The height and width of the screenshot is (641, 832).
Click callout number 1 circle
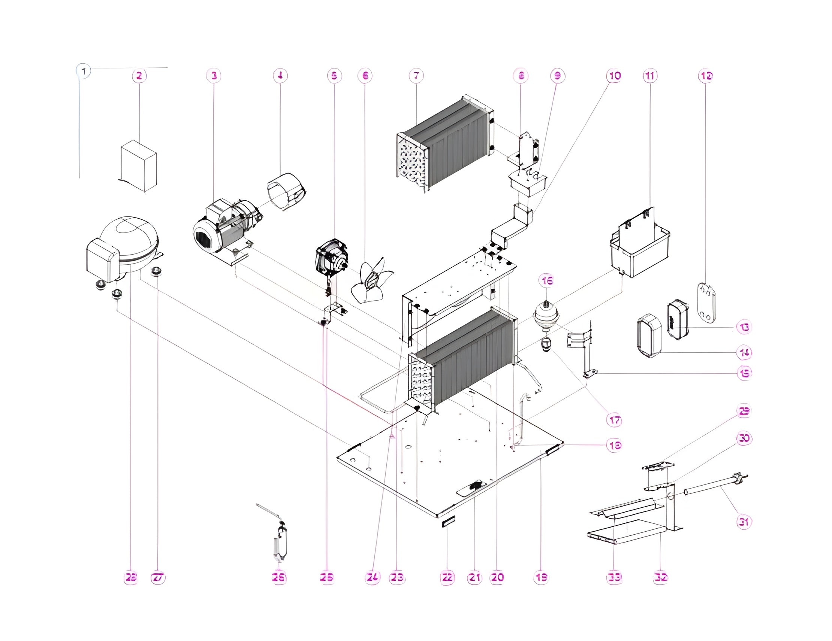click(x=84, y=71)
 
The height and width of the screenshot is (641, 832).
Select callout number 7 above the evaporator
click(x=416, y=76)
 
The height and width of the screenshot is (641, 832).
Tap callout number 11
click(x=650, y=76)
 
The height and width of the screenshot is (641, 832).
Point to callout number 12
click(x=706, y=76)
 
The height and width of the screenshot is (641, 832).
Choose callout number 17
click(x=614, y=420)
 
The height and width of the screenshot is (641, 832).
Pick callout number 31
click(x=744, y=522)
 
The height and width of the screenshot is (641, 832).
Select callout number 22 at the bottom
click(x=447, y=577)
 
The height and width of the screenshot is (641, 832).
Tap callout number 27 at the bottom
click(x=158, y=577)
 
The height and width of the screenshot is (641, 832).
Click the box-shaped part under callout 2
click(x=139, y=166)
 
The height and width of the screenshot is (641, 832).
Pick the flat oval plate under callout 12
click(x=707, y=306)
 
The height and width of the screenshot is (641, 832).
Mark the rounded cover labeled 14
click(x=649, y=335)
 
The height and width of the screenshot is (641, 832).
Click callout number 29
click(x=744, y=411)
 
